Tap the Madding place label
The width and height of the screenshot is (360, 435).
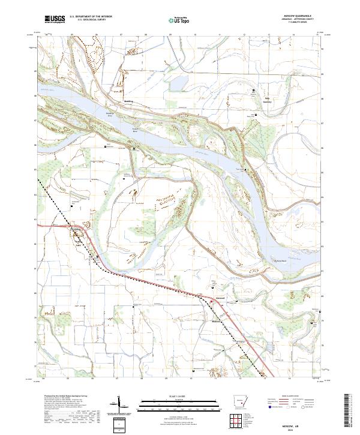click(x=128, y=101)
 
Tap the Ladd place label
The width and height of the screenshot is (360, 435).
click(x=77, y=244)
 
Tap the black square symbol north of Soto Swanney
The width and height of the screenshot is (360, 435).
click(x=253, y=91)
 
